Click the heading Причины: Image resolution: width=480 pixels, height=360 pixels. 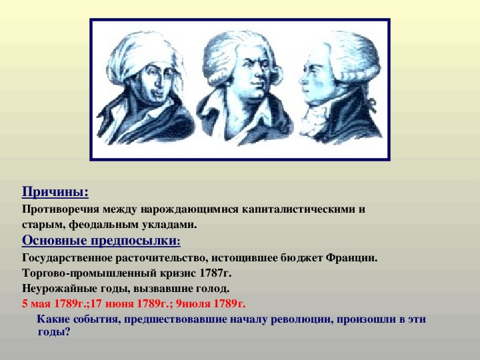coord(55,192)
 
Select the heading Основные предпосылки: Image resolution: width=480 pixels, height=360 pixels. coord(101,241)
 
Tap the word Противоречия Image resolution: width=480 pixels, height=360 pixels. coord(61,209)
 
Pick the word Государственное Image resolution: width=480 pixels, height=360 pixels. coord(67,258)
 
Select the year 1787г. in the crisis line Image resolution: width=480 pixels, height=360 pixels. coord(215,273)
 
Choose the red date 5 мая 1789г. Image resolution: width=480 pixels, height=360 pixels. coord(56,304)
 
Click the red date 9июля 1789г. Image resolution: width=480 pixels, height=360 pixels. coord(211,304)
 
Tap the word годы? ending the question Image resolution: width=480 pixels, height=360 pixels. coord(54,332)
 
